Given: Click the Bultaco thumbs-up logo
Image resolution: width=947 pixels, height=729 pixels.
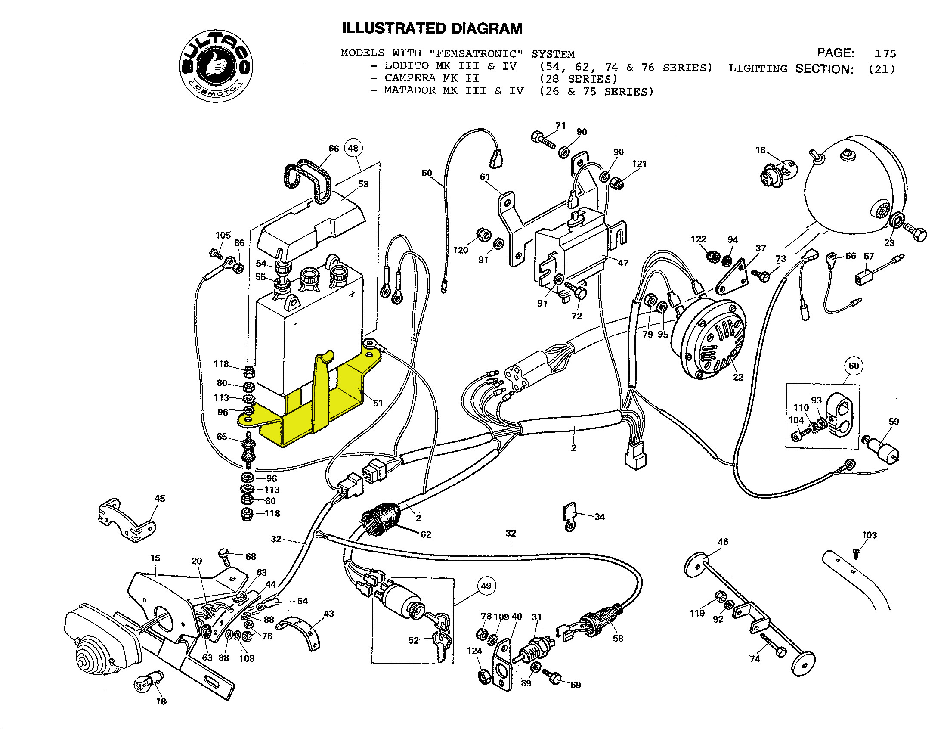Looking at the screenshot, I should click(x=217, y=66).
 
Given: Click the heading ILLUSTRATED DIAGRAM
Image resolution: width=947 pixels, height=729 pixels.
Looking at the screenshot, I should click(x=432, y=28).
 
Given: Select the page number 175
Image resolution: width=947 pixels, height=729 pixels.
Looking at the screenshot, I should click(x=885, y=54).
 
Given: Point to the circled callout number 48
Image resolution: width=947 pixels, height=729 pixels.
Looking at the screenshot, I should click(x=353, y=148).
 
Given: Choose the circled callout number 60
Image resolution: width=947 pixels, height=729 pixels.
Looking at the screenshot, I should click(x=853, y=366).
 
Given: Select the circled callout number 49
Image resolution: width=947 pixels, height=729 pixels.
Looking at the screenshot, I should click(x=486, y=586).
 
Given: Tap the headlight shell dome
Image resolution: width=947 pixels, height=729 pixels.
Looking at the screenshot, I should click(x=850, y=182).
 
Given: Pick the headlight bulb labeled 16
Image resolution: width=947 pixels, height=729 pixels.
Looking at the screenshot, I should click(x=776, y=174).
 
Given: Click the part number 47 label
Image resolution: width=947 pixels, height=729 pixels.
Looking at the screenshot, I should click(x=623, y=263).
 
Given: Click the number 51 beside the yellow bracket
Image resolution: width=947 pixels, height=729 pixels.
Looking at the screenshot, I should click(x=378, y=403).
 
